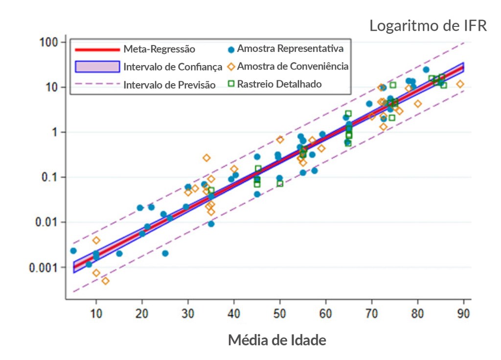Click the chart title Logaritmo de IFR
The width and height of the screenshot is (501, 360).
428,26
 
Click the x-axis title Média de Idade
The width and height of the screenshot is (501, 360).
277,339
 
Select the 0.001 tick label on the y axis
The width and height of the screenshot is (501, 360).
44,267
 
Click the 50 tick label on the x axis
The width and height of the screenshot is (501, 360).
280,313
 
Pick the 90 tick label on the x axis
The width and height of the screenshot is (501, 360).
463,313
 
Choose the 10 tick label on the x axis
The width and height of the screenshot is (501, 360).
96,313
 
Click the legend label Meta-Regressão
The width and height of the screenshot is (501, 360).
159,49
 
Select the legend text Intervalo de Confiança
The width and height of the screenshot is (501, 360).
173,67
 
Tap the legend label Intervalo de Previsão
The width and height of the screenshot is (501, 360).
169,85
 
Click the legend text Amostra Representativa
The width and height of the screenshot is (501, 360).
290,48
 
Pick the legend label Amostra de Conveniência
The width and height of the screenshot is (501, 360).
293,66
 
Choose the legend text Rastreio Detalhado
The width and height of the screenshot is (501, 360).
279,84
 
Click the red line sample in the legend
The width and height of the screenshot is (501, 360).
97,49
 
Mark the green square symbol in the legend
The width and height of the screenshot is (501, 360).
231,84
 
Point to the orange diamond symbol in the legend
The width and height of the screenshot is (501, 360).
231,67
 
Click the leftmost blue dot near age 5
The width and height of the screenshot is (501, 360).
73,250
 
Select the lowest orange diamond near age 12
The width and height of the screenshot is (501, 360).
105,281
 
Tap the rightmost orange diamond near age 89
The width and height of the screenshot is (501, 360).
460,84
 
